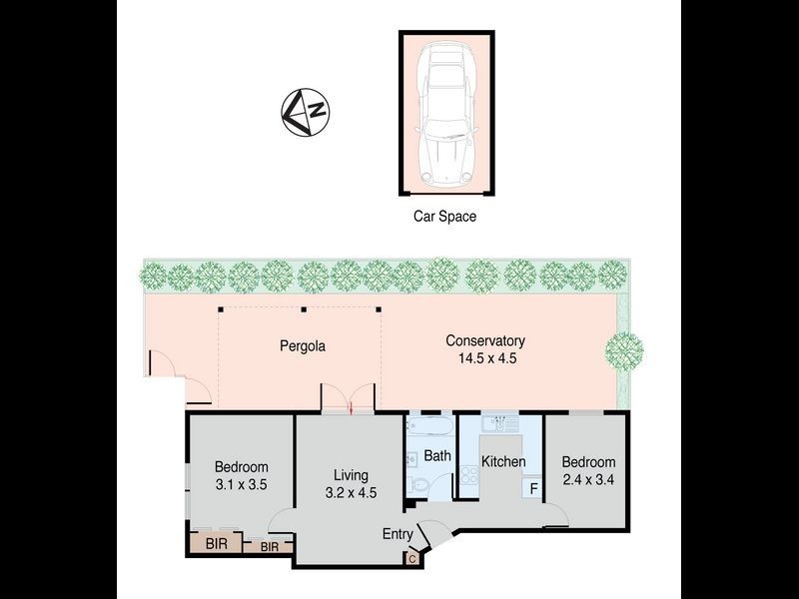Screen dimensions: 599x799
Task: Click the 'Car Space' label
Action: pos(445,215)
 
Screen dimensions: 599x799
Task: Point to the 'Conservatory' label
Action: pos(484,340)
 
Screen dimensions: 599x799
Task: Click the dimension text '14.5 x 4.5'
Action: pos(484,357)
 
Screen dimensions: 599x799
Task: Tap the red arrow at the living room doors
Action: pos(351,406)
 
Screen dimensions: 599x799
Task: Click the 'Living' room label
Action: pos(351,474)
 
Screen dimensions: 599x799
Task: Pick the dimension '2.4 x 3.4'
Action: pos(587,479)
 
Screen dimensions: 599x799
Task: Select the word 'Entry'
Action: pos(398,535)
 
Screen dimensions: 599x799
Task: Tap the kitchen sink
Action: pos(499,423)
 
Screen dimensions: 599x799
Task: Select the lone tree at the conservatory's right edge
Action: pos(623,350)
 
